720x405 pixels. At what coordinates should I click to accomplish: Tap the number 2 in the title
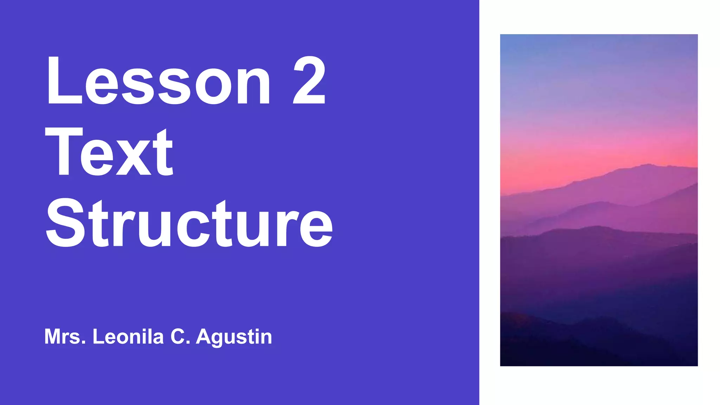(309, 81)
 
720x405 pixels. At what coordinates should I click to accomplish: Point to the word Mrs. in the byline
(65, 337)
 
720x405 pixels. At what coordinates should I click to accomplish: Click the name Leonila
(128, 337)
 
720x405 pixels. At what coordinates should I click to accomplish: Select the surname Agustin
(234, 337)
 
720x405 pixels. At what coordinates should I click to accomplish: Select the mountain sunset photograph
(599, 200)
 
